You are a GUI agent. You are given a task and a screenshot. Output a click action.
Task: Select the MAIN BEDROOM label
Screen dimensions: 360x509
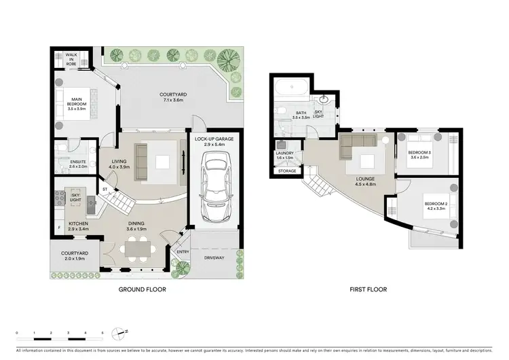(x=80, y=104)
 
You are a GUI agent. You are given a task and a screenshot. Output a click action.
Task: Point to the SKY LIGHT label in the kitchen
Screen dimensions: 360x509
(x=76, y=196)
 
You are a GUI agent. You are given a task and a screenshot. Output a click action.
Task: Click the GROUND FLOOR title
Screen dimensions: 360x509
(x=143, y=289)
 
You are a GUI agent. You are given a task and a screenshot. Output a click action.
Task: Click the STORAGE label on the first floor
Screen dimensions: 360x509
(x=287, y=170)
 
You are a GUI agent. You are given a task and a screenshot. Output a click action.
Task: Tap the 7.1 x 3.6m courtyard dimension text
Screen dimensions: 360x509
(x=169, y=100)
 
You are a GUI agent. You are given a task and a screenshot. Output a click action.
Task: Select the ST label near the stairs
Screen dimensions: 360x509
(x=105, y=179)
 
